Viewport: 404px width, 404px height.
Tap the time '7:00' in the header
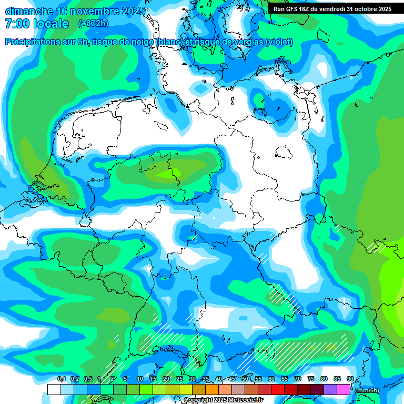[16, 24]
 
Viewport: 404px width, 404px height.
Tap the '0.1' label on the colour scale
[61, 379]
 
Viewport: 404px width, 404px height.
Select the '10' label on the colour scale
[140, 379]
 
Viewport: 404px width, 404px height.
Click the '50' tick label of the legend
[245, 379]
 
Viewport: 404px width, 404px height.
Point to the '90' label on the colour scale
[350, 379]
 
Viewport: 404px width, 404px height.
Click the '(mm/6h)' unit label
[367, 390]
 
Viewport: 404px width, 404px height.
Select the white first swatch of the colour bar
[54, 389]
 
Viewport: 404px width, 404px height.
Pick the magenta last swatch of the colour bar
[344, 389]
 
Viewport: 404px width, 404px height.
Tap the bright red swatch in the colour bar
[278, 389]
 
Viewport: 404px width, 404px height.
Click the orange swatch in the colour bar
[212, 389]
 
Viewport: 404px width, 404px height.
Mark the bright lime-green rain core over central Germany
[169, 173]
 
